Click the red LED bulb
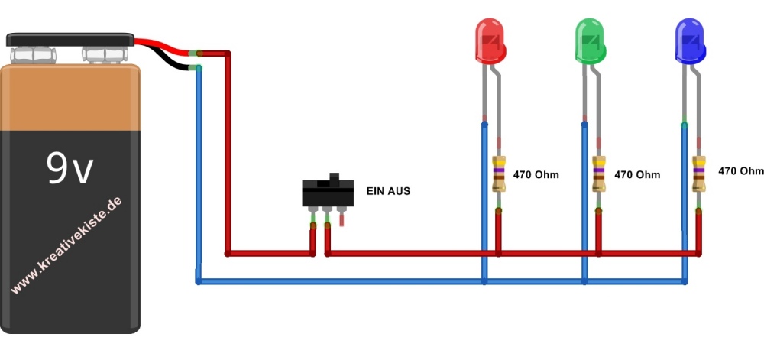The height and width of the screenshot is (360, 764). tap(490, 42)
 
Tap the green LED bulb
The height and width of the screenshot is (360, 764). tap(589, 42)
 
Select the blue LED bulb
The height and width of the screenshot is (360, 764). tap(690, 42)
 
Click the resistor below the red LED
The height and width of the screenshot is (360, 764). tap(499, 174)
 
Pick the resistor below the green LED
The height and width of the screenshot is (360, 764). tap(599, 174)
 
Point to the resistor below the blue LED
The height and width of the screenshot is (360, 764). tap(698, 174)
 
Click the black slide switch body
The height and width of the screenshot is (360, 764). tap(328, 194)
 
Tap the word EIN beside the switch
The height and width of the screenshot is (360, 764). tap(374, 191)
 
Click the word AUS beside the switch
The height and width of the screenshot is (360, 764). tap(399, 191)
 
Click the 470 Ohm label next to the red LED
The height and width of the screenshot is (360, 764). tap(536, 175)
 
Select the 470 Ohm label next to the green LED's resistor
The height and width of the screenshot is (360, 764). tap(637, 175)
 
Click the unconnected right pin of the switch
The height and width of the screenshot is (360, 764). tap(342, 219)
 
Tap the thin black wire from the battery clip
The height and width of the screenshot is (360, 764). tap(172, 60)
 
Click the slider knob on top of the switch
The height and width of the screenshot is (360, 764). tap(333, 177)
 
